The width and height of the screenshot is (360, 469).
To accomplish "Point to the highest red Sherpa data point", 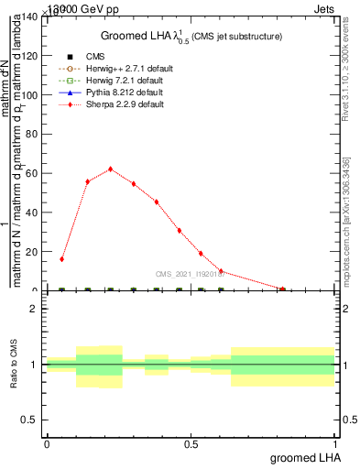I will (x=110, y=169).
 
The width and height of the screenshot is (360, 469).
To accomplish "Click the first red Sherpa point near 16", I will (x=61, y=259).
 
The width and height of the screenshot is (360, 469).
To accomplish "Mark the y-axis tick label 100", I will (x=30, y=94).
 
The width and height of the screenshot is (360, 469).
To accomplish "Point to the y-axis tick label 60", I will (x=33, y=173).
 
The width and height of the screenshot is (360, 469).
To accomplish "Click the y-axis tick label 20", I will (x=33, y=252).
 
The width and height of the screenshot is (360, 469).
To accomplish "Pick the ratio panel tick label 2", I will (x=34, y=310).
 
